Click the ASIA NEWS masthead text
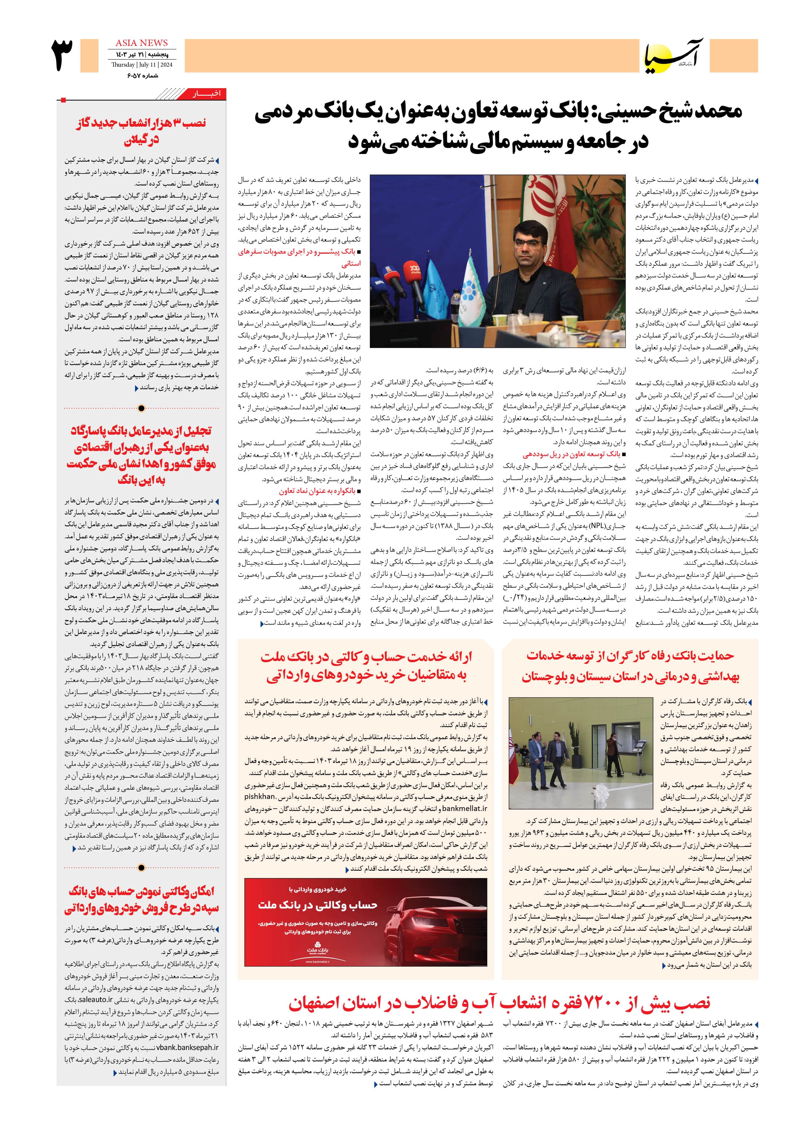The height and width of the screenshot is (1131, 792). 141,43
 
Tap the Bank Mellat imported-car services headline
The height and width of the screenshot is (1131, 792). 366,666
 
